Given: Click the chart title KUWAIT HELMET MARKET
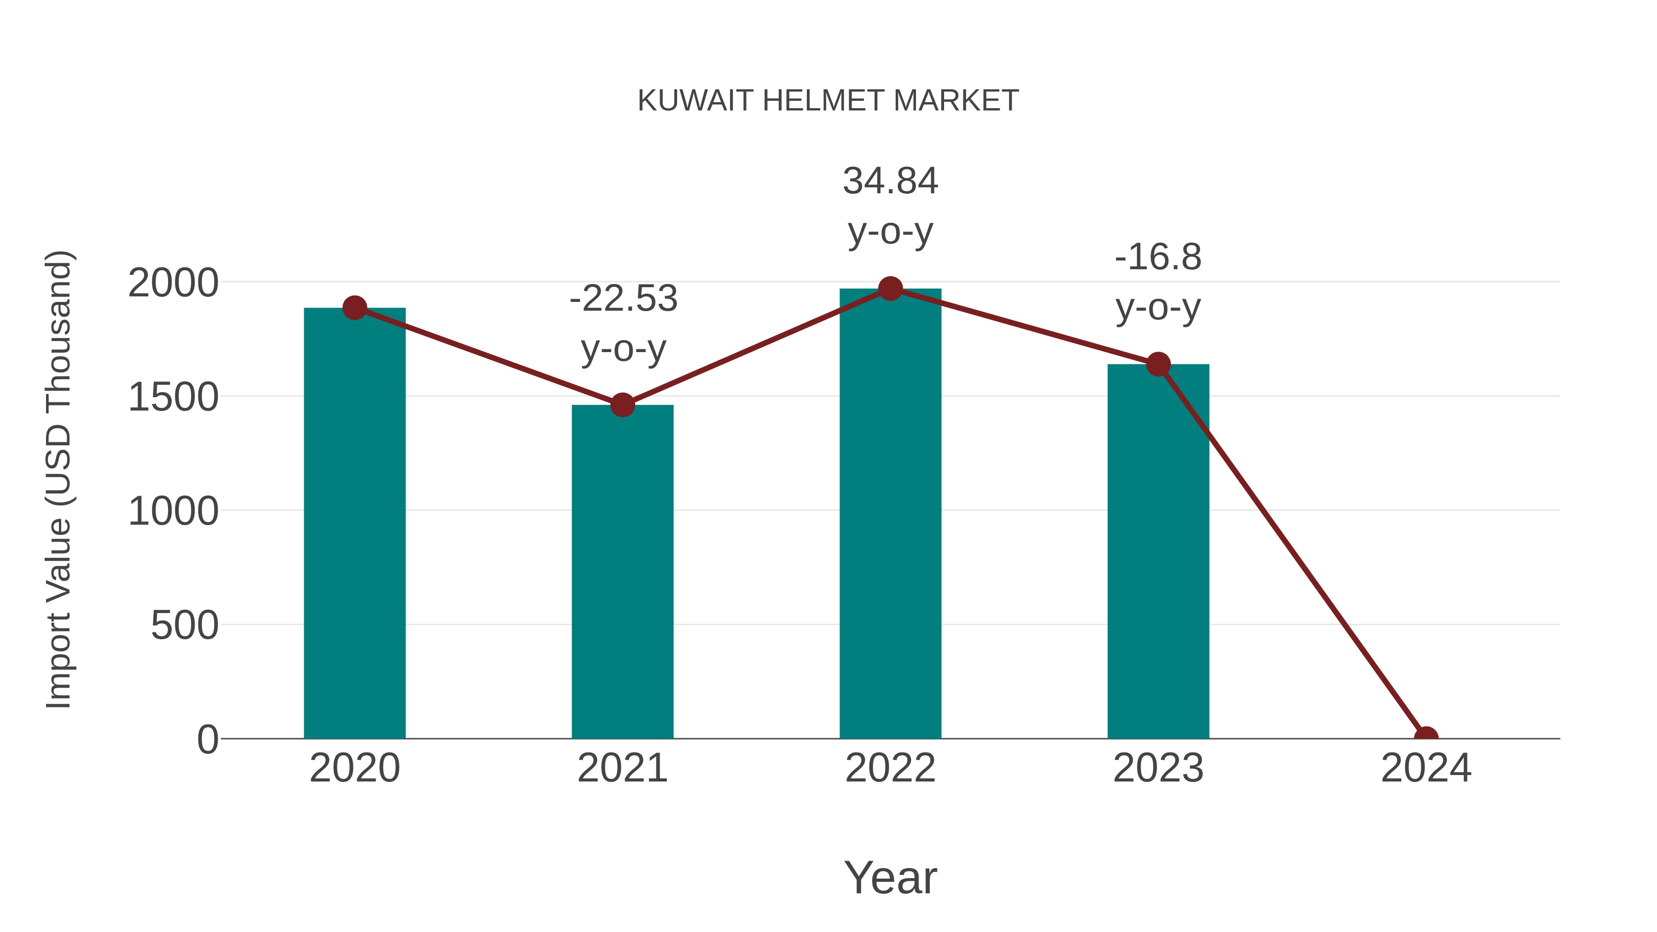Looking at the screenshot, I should click(828, 101).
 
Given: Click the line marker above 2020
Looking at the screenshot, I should click(354, 308).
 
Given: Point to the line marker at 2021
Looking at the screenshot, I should click(622, 405).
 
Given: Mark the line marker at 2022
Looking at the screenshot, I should click(890, 289).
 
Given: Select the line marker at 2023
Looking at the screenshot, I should click(1158, 365).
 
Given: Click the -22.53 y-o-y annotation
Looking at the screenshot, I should click(623, 324).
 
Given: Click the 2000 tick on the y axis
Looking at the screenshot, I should click(173, 283).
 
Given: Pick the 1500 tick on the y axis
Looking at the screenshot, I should click(173, 397).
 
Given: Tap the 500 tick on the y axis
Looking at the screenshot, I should click(184, 625).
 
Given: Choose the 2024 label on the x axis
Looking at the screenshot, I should click(1425, 768).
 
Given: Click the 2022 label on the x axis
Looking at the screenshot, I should click(890, 768).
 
